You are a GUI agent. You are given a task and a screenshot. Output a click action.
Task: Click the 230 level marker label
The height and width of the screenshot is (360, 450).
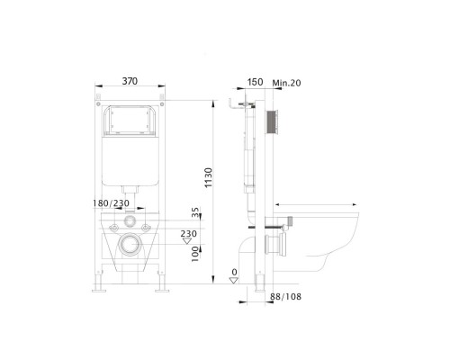189,233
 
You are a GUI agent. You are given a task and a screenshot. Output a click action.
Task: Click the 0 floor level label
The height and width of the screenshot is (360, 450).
235,272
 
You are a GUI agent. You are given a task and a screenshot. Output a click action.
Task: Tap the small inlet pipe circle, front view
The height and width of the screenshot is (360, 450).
132,220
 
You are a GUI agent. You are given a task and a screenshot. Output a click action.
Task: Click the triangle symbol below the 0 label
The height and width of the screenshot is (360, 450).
235,281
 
